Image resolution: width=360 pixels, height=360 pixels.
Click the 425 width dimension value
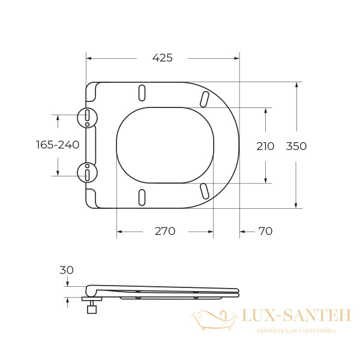[163, 58]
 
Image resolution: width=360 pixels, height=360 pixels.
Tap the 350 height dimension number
[296, 146]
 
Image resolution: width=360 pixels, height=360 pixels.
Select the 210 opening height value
[265, 146]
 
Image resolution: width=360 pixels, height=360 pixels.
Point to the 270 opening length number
[165, 231]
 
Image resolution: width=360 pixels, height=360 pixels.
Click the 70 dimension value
[265, 231]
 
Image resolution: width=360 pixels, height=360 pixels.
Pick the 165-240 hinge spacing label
[58, 145]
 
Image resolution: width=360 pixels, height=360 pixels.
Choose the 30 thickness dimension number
[67, 270]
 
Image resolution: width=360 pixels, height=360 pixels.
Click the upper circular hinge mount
[87, 118]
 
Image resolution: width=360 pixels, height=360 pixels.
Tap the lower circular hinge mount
[87, 173]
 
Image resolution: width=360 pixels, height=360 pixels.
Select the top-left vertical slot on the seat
[142, 93]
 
